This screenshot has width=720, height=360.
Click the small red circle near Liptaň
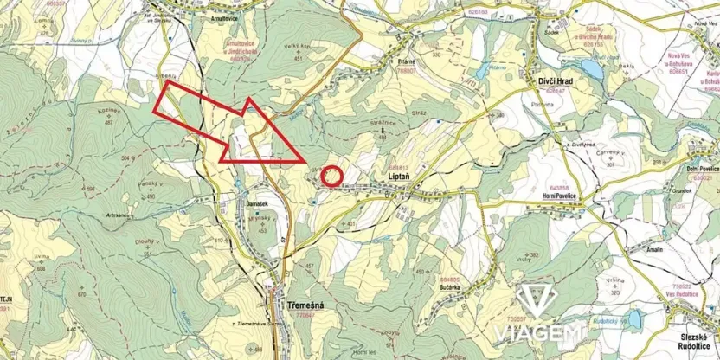click(332, 176)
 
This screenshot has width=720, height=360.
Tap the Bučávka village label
click(449, 287)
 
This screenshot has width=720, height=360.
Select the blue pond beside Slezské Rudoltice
click(635, 320)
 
